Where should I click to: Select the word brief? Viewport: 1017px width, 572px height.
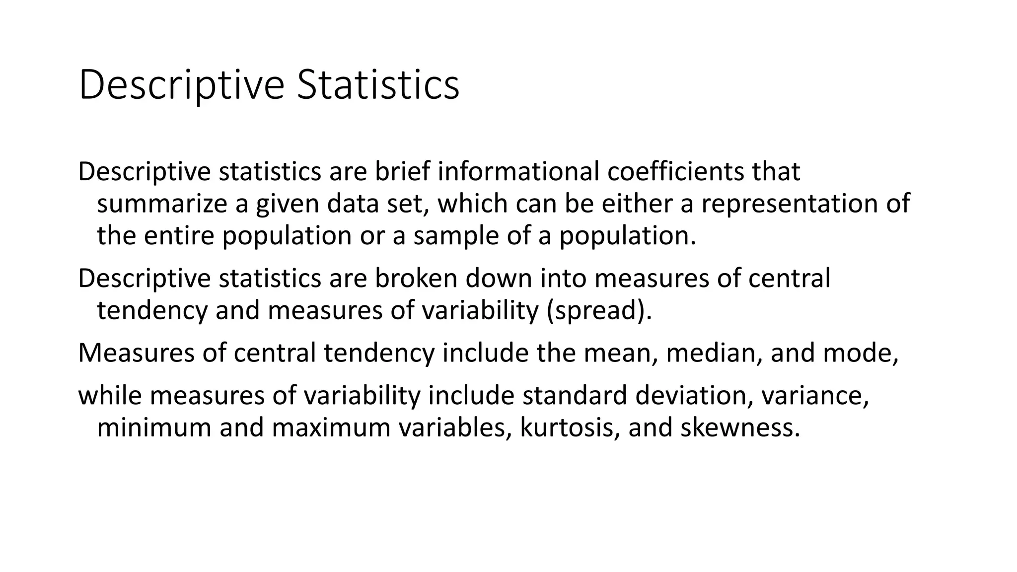(402, 172)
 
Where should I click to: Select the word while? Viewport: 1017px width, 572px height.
(110, 396)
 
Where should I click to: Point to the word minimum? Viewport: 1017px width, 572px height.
(154, 428)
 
